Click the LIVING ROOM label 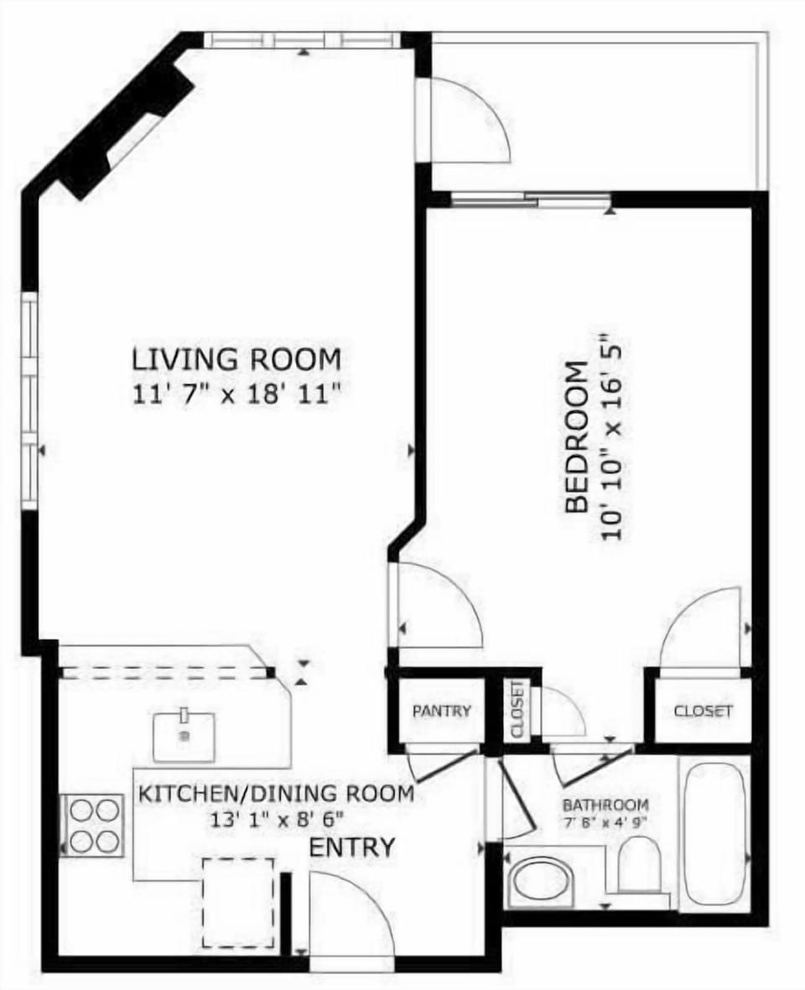click(x=236, y=359)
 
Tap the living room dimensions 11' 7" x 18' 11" click(x=236, y=392)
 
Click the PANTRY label click(x=441, y=711)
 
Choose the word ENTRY click(x=351, y=847)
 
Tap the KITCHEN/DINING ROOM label click(x=276, y=793)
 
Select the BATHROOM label click(x=605, y=805)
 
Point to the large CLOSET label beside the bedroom click(x=703, y=711)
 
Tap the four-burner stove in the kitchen click(x=93, y=825)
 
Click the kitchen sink click(x=184, y=735)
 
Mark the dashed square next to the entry click(x=239, y=902)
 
